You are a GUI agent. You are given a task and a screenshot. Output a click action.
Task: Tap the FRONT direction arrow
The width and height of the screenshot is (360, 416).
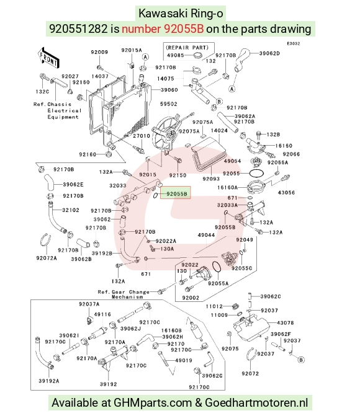click(48, 58)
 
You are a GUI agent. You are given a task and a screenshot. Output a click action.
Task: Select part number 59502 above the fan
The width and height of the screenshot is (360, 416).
click(168, 104)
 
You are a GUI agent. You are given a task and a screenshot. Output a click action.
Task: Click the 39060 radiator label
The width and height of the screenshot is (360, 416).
click(169, 90)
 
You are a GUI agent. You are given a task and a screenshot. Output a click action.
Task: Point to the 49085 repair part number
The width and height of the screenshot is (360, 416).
click(176, 55)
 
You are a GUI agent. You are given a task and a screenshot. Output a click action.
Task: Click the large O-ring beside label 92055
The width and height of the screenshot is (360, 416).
click(256, 173)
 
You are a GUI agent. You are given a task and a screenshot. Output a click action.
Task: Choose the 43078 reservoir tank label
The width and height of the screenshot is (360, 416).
click(286, 323)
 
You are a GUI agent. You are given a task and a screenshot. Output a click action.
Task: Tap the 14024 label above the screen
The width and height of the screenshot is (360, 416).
click(219, 131)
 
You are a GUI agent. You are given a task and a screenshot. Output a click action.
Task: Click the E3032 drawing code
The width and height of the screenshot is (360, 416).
click(294, 43)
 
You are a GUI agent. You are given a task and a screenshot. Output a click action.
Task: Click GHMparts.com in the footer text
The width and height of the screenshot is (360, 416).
click(153, 403)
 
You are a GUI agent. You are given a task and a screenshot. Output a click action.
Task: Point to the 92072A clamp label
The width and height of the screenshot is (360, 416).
click(47, 258)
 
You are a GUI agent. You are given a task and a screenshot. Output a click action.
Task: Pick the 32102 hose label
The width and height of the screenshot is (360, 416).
click(71, 210)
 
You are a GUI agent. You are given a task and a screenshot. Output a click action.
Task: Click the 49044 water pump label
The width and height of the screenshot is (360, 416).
click(206, 235)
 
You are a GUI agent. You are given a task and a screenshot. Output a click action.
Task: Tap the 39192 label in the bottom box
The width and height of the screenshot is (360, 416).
click(109, 384)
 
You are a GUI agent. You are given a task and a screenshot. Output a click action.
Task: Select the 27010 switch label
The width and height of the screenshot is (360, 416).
click(142, 136)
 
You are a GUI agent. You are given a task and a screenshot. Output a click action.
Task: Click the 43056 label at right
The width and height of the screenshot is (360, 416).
click(286, 193)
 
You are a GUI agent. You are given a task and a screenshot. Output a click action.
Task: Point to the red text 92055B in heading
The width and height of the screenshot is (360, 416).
click(184, 29)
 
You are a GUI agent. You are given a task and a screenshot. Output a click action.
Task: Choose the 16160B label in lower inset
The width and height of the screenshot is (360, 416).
click(171, 330)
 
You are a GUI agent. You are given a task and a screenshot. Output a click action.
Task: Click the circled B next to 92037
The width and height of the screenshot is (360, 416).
click(301, 360)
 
